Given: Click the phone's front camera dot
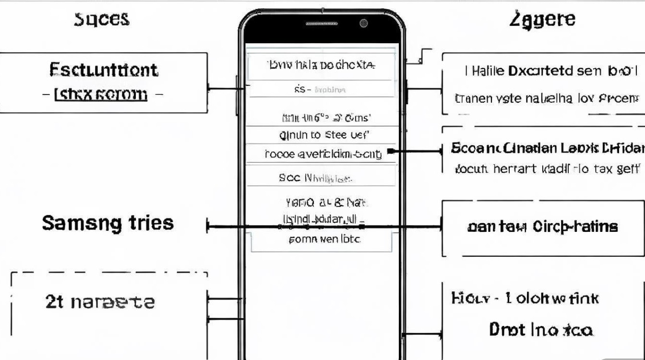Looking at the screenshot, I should point(363,23).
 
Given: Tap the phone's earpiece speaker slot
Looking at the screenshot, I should point(321,24).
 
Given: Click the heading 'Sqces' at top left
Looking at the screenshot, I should point(101,19).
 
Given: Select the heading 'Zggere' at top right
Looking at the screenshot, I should point(542,20).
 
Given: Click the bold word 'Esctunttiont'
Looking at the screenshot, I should point(103,70).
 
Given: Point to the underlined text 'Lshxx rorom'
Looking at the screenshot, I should point(101,94).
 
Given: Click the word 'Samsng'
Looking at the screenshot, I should point(82,223).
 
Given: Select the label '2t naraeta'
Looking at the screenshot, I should point(100,302).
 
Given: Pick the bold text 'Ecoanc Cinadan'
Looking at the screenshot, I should point(504,148).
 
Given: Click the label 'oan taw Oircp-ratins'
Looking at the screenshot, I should point(542,226).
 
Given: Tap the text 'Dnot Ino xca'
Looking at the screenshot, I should point(541,330).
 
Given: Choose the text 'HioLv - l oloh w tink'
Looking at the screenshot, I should point(525,299).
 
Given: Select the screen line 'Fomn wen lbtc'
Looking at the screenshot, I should point(324,239).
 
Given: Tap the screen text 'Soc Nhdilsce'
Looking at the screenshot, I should point(315,178).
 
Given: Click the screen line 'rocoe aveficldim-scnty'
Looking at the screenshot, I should point(323,154).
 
